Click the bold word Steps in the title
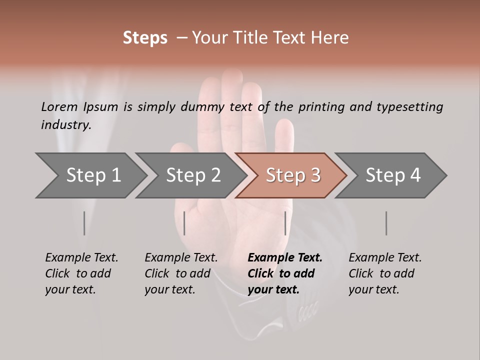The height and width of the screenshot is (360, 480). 145,38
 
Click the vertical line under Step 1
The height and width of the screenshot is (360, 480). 84,223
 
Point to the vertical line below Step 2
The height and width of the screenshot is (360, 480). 184,223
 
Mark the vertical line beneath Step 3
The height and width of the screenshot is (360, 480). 285,223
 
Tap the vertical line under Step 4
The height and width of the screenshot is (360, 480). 386,223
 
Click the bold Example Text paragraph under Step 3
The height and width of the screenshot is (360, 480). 285,273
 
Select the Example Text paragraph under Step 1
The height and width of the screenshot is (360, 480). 81,273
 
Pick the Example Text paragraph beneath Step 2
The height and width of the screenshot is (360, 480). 181,273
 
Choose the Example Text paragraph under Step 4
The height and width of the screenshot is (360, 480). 385,273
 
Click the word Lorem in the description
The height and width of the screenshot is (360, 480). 59,106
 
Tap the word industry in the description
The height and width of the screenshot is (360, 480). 66,125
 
